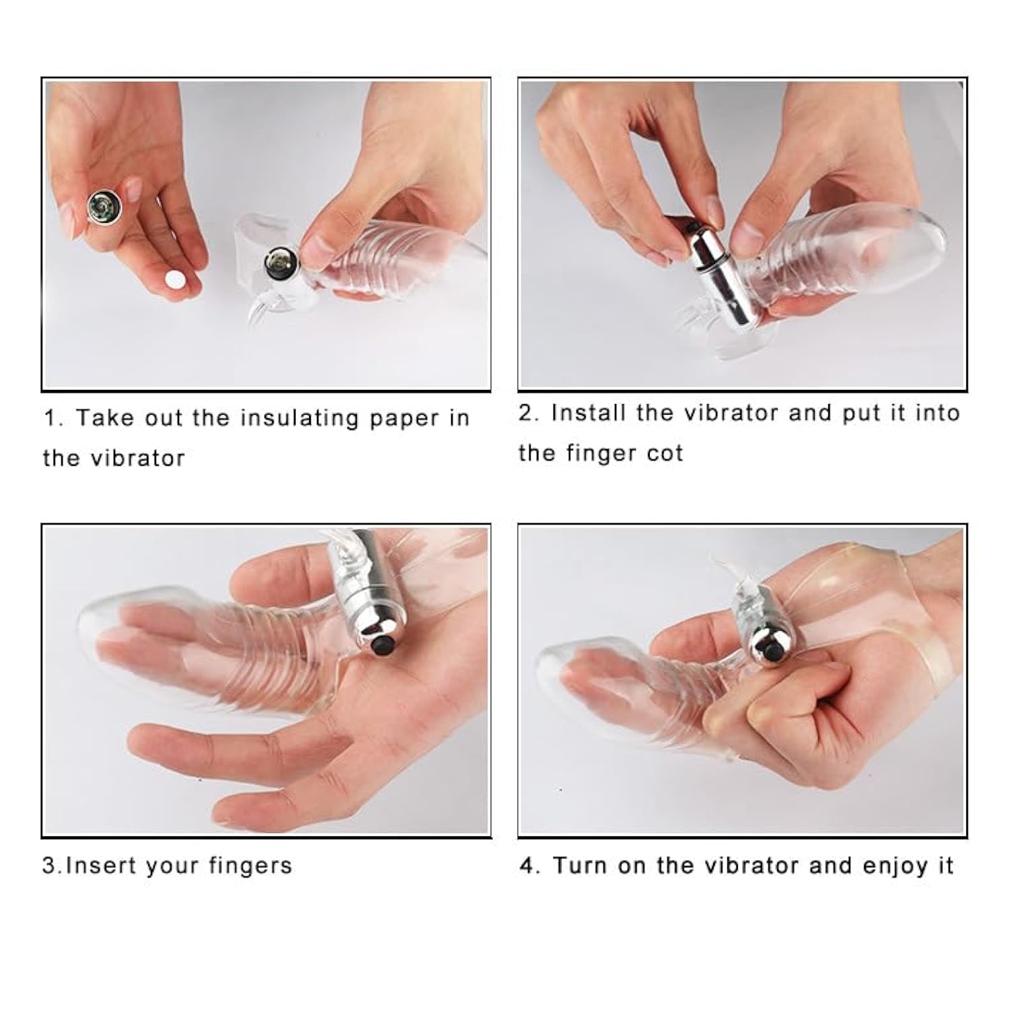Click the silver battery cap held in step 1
(x=104, y=207)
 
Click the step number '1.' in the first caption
(x=54, y=418)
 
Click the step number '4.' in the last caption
(x=531, y=866)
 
